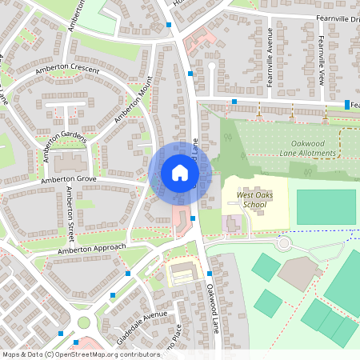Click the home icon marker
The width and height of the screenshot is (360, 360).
180,173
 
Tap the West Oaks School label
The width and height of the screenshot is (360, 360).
244,199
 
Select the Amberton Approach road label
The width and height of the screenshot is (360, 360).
92,250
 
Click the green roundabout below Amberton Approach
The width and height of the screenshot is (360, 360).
84,323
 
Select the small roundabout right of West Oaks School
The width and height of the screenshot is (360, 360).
282,242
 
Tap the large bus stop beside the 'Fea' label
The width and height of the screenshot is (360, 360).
347,105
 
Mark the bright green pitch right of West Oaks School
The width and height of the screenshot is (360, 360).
326,206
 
